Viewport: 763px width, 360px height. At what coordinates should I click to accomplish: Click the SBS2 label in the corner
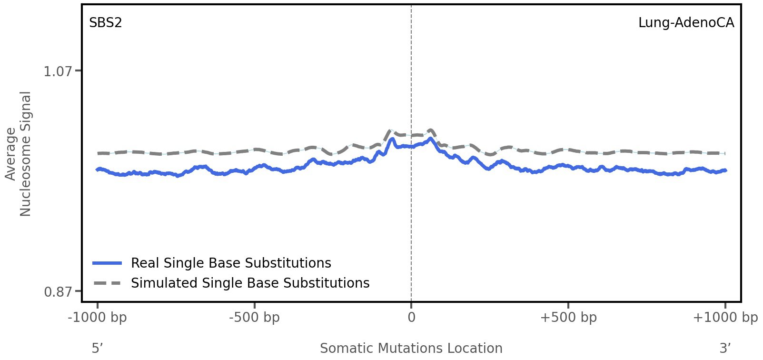tap(106, 22)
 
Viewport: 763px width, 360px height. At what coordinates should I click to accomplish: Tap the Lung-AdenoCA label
tap(686, 22)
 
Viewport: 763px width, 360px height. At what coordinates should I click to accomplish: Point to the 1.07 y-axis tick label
tap(58, 71)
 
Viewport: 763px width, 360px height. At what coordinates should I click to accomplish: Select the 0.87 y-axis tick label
tap(58, 291)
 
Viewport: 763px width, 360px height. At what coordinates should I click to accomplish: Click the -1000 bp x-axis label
tap(98, 318)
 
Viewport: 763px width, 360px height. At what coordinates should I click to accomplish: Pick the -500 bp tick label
tap(254, 318)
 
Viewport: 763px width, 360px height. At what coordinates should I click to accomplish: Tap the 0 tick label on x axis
tap(411, 318)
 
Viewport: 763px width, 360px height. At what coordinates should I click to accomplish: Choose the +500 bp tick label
tap(568, 318)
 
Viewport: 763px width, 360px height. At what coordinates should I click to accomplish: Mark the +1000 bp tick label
tap(725, 318)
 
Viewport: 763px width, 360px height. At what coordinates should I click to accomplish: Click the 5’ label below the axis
tap(98, 348)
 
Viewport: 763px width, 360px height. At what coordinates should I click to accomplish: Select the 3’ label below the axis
tap(725, 348)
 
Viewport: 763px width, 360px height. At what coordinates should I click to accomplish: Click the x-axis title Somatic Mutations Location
tap(411, 348)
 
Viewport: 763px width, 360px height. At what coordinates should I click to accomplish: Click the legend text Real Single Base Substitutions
tap(231, 263)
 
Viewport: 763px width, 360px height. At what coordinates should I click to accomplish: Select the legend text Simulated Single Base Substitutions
tap(250, 283)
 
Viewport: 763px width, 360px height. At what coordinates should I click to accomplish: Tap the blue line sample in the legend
tap(108, 263)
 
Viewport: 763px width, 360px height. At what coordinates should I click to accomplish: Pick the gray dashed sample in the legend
tap(108, 283)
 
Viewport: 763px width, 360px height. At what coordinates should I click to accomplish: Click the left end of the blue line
tap(98, 169)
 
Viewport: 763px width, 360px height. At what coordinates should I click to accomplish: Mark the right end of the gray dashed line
tap(724, 153)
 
